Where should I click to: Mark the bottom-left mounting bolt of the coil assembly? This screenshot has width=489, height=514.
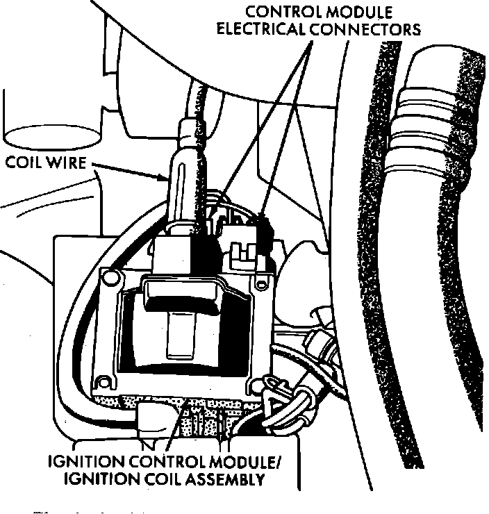click(104, 381)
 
